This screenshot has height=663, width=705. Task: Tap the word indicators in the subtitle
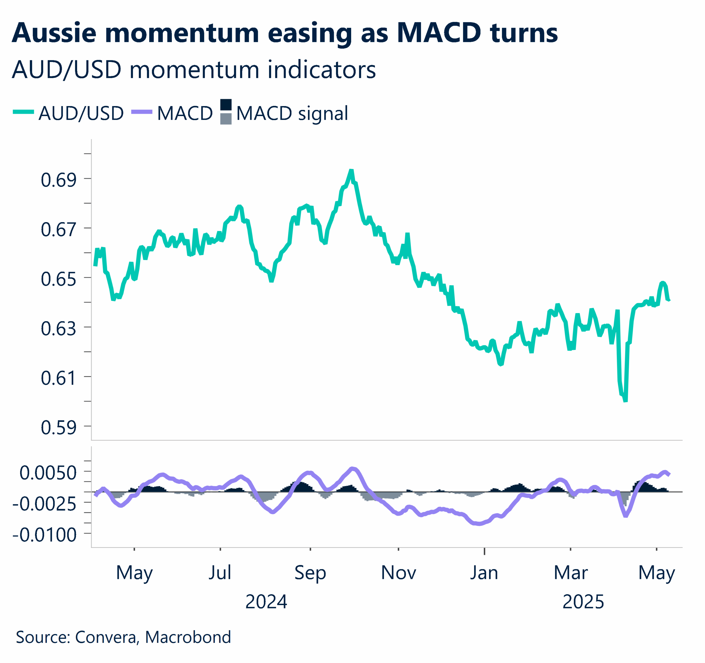pos(321,70)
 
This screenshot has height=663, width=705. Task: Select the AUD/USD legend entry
pos(81,113)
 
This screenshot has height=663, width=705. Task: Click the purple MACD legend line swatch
pos(142,112)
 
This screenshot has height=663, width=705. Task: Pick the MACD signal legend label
pos(292,114)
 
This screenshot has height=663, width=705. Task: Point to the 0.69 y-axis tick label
pos(58,180)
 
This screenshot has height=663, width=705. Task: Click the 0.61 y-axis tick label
pos(58,378)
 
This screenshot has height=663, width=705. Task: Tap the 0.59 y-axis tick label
pos(58,427)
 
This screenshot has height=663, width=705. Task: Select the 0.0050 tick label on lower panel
pos(48,473)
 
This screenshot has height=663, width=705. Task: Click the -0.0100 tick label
pos(44,535)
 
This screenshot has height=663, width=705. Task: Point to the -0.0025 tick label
pos(44,504)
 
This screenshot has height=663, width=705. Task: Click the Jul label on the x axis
pos(220,573)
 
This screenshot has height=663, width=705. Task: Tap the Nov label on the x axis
pos(398,573)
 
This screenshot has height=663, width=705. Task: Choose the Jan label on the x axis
pos(484,573)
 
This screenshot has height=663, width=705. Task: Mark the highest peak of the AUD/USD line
pos(351,171)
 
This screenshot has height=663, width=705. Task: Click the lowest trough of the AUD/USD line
pos(626,401)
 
